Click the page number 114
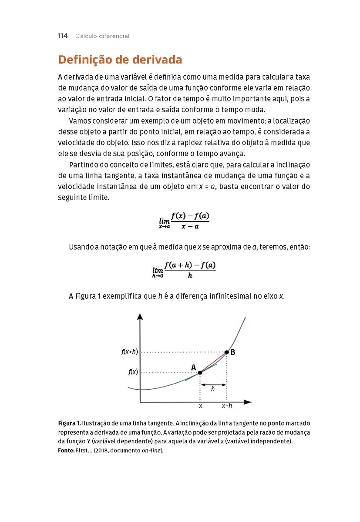(63, 36)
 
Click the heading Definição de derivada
(120, 60)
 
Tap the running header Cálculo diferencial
(102, 36)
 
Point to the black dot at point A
(200, 372)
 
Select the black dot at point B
(226, 352)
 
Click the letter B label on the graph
(233, 353)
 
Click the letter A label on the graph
(194, 368)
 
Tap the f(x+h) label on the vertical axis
(129, 352)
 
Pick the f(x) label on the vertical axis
(133, 372)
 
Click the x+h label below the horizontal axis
(226, 406)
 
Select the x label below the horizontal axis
(200, 406)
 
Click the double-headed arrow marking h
(213, 385)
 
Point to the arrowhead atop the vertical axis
(140, 316)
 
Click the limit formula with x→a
(184, 221)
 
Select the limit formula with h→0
(184, 270)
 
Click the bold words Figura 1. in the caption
(69, 423)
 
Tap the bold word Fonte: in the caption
(66, 451)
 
